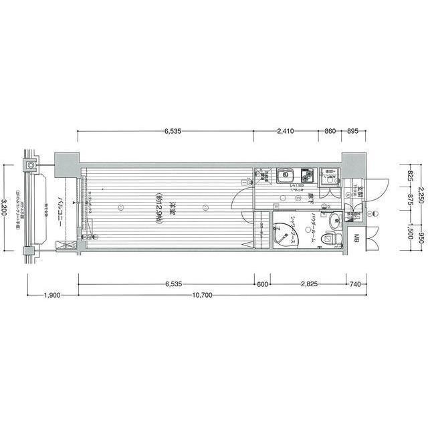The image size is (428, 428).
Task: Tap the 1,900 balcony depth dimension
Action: click(53, 295)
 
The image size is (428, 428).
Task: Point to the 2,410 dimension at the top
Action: click(284, 132)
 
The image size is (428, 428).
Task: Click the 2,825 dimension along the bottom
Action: click(308, 284)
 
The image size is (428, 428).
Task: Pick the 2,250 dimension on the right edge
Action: click(421, 194)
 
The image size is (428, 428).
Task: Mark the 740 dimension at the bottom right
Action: click(354, 284)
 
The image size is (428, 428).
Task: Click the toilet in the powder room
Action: click(332, 237)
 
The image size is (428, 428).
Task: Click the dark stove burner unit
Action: click(307, 176)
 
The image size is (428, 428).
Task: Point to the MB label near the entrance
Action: click(356, 239)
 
